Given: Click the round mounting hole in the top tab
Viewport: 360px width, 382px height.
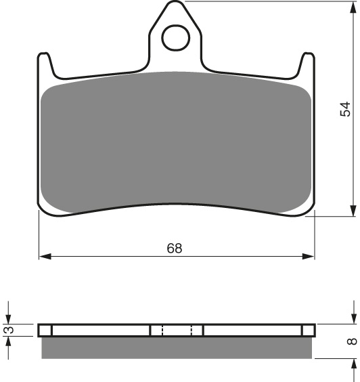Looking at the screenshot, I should (x=175, y=37).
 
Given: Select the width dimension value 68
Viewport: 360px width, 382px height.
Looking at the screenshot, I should (x=175, y=248).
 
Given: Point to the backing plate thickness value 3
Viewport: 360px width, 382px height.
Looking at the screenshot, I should (x=9, y=331).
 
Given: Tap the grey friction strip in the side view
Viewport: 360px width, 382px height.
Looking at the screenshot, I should (x=176, y=347).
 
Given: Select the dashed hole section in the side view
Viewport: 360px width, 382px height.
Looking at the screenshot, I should (x=177, y=331).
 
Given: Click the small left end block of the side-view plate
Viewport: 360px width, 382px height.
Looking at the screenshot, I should (x=45, y=331).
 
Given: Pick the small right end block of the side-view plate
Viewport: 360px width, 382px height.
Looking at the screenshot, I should (x=308, y=331).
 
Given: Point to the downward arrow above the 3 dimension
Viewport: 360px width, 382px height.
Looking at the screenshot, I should (x=9, y=318).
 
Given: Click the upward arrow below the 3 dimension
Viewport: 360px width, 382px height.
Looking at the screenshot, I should (x=9, y=343).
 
